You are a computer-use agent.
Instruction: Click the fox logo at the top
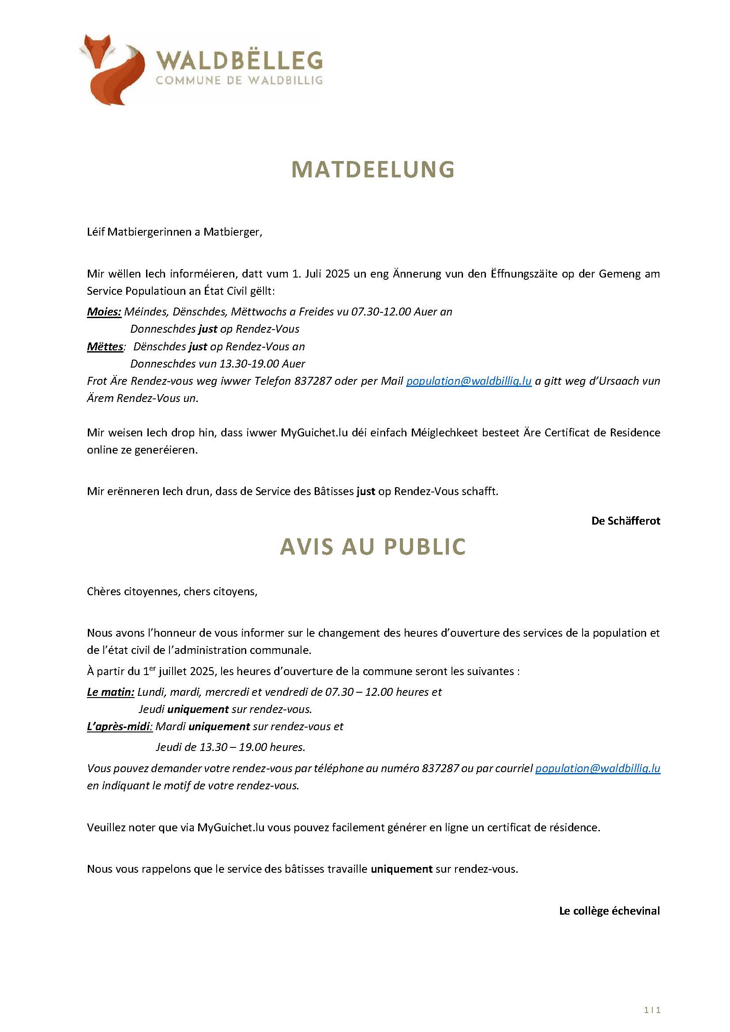[112, 69]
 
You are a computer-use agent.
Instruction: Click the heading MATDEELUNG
[373, 170]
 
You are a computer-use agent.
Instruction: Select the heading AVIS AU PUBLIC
[373, 547]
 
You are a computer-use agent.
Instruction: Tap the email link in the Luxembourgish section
[469, 381]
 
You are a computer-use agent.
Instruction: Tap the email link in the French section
[598, 768]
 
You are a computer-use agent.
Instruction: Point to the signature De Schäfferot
[626, 521]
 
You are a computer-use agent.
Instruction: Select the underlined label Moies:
[104, 312]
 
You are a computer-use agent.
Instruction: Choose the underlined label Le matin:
[111, 692]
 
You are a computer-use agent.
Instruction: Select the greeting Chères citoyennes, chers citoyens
[172, 592]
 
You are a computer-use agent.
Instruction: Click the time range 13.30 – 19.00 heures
[252, 747]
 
